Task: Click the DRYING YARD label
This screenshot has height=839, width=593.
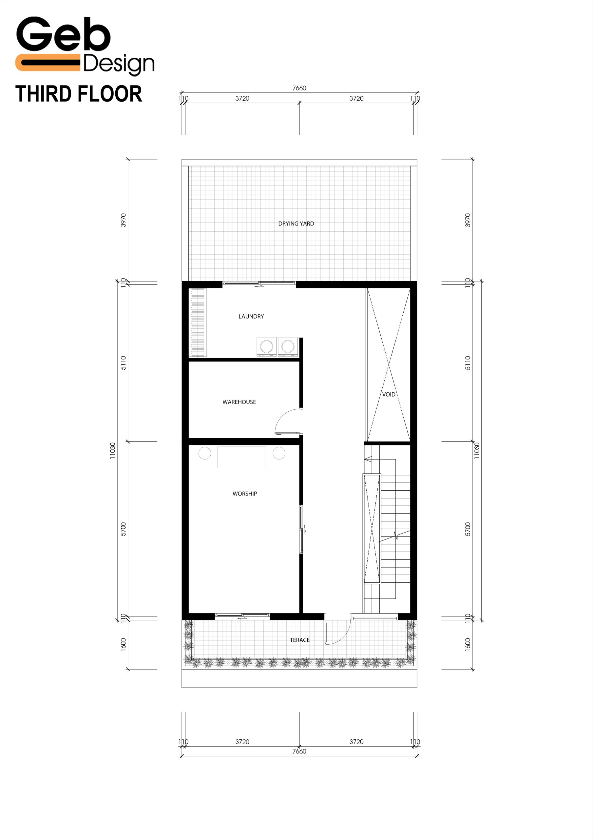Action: [x=296, y=224]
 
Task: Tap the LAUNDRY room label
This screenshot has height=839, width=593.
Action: [x=251, y=317]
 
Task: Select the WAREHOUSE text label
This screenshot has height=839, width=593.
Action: [x=239, y=402]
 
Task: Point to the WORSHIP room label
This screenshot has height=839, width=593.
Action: [x=244, y=494]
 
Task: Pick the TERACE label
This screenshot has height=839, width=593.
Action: [x=299, y=640]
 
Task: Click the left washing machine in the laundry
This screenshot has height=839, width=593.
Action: [x=266, y=347]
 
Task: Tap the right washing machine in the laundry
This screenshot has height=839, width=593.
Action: [x=288, y=347]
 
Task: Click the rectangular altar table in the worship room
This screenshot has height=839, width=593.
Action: [x=241, y=457]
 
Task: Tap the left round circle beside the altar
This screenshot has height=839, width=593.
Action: [x=205, y=453]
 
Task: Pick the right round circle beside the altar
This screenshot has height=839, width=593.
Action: [x=279, y=453]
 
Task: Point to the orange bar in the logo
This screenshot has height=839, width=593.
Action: [x=48, y=63]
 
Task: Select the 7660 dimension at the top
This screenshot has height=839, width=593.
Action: [x=299, y=88]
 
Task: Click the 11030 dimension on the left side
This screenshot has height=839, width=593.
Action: [x=112, y=451]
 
